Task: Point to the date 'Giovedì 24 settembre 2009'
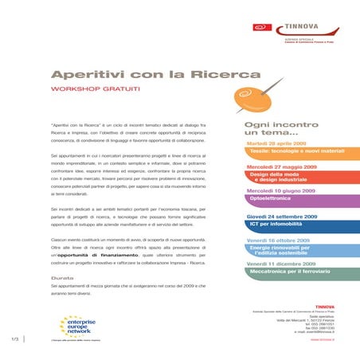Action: (x=281, y=216)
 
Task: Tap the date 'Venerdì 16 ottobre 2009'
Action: (x=278, y=240)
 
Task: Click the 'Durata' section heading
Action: (x=64, y=277)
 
